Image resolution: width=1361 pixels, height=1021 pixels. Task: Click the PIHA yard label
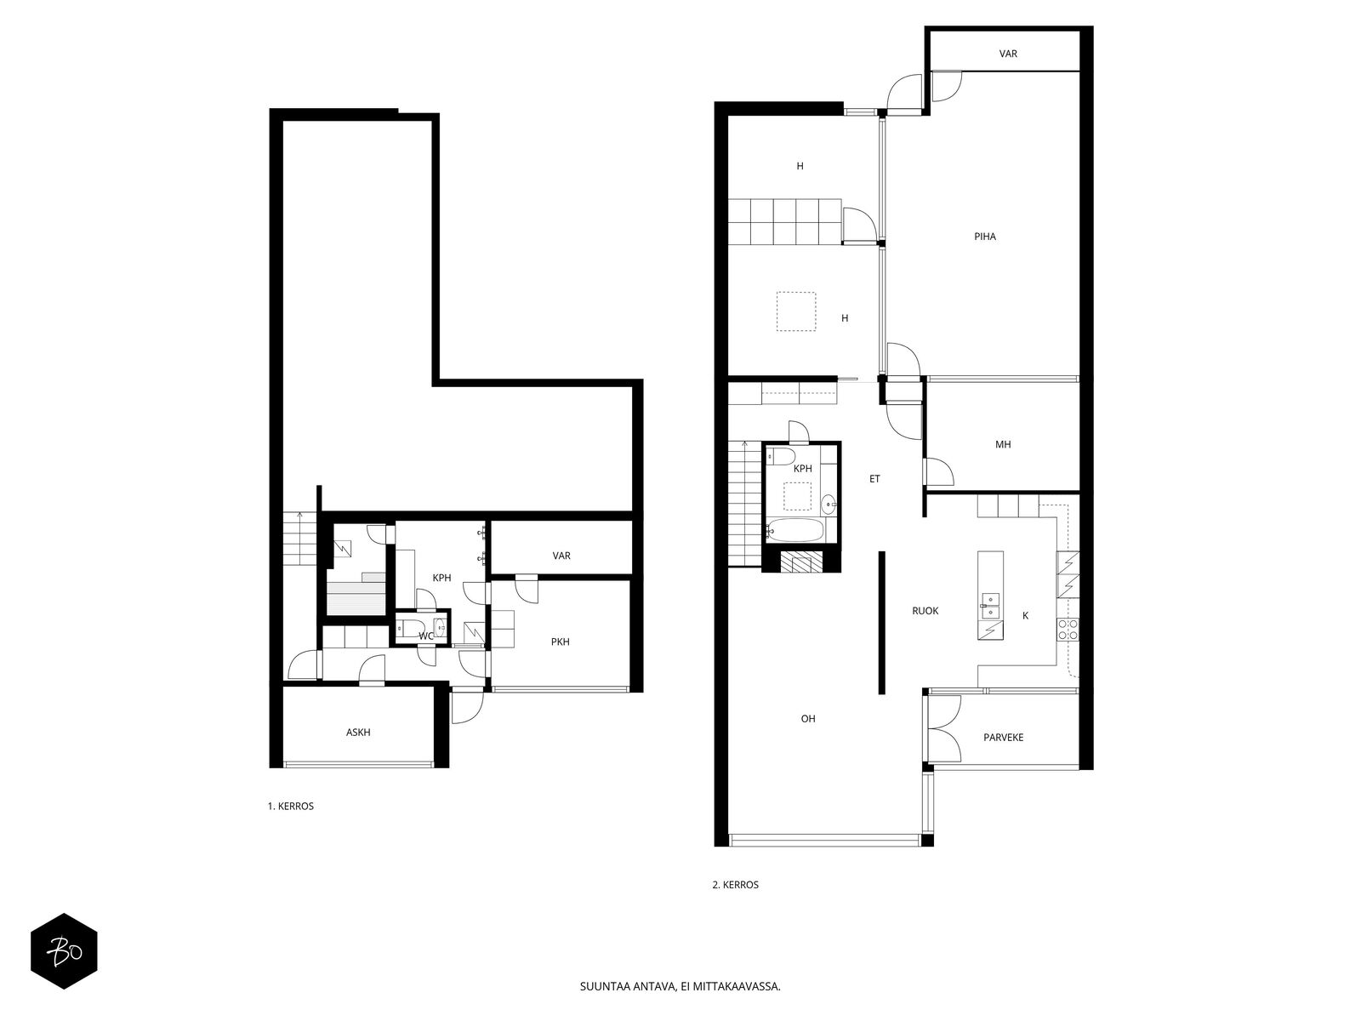(x=985, y=237)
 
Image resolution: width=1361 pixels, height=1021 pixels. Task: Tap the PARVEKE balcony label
(x=1003, y=737)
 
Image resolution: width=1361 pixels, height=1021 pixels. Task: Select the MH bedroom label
(x=1003, y=444)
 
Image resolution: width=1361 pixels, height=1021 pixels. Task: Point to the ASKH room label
(x=358, y=732)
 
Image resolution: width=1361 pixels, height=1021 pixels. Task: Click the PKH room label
(x=560, y=642)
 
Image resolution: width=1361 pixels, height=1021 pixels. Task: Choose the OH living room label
(x=808, y=718)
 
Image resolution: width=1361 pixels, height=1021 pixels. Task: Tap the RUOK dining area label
(x=925, y=611)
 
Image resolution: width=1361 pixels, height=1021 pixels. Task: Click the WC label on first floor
(x=426, y=636)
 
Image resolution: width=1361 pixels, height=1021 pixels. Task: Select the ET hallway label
(x=874, y=478)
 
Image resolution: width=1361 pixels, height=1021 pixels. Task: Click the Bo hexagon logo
(x=64, y=951)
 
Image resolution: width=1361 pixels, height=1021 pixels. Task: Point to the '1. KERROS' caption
(x=290, y=806)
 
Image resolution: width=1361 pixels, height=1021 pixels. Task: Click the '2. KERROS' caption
(x=736, y=885)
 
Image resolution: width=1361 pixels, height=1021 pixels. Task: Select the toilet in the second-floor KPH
(x=781, y=456)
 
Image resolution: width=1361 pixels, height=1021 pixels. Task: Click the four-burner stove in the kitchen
(x=1068, y=629)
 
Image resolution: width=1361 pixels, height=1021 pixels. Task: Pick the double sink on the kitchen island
(x=989, y=606)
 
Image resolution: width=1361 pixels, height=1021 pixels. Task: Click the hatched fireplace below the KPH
(x=801, y=561)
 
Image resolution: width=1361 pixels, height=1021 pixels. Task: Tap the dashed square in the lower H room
(x=796, y=311)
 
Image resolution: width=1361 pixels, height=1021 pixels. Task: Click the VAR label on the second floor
(x=1008, y=54)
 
